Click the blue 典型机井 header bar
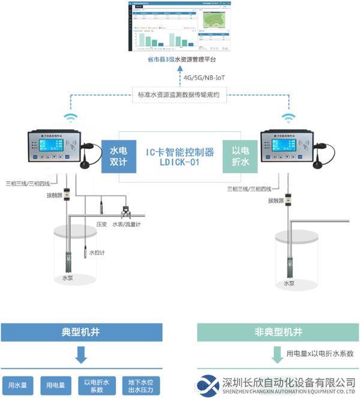[82, 332]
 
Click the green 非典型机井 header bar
[278, 332]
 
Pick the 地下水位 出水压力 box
[141, 385]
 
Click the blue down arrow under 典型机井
[82, 358]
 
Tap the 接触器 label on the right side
[276, 201]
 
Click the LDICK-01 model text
[179, 163]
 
